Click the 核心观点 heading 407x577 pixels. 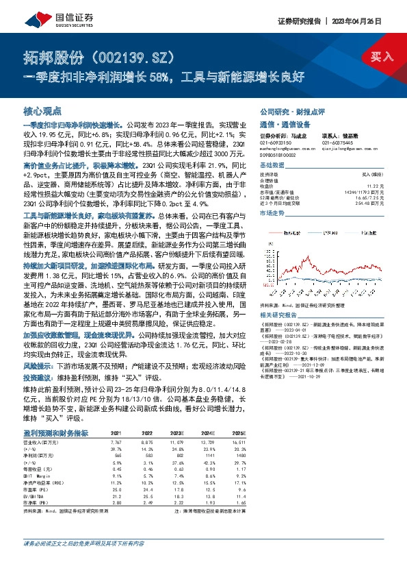pos(42,110)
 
